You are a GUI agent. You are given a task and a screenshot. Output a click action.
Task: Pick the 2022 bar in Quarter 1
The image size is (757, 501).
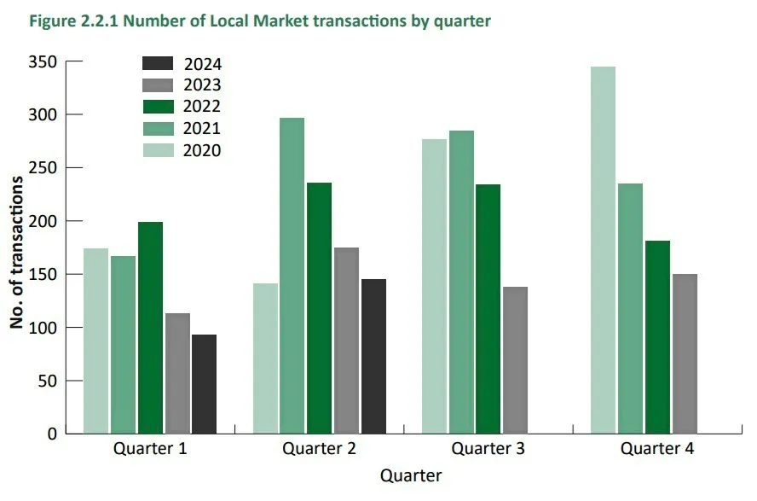(x=150, y=328)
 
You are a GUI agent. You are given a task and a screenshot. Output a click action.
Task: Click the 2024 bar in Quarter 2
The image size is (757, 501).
(x=373, y=356)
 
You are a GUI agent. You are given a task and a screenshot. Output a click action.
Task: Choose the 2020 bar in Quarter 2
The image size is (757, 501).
(x=265, y=358)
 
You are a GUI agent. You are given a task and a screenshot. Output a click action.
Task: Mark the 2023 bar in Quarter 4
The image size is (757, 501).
(x=685, y=353)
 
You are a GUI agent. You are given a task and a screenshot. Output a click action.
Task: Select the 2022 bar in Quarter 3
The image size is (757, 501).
(x=488, y=309)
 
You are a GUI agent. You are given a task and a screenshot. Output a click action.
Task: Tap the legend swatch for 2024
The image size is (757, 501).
(x=158, y=63)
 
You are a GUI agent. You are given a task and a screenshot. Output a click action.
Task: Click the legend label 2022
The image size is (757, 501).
(x=202, y=107)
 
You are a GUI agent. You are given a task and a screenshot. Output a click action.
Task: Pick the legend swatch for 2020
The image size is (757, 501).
(x=158, y=150)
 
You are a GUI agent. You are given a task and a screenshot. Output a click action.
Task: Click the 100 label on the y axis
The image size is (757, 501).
(x=44, y=328)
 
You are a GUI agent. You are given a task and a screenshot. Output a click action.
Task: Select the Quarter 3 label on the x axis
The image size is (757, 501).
(x=488, y=449)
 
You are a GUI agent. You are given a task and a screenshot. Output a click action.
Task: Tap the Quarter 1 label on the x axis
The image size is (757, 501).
(x=150, y=449)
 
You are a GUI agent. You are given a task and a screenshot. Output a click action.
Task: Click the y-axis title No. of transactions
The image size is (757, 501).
(x=16, y=248)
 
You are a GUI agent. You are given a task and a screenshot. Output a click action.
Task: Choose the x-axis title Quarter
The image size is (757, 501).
(x=411, y=475)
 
